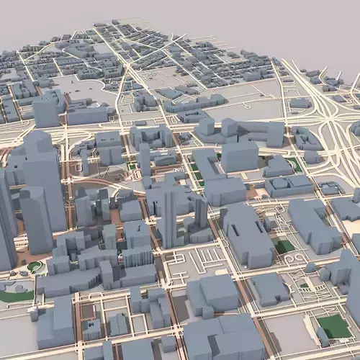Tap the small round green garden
coord(35,267)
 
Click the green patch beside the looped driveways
coord(285,246)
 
